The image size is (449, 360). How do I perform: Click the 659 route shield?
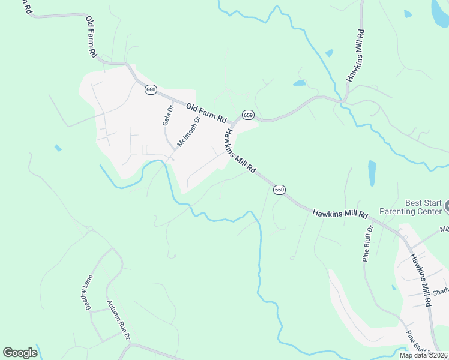tap(248, 115)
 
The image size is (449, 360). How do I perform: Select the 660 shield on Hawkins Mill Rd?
tap(279, 190)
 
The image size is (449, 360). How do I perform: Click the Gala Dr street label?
tap(168, 116)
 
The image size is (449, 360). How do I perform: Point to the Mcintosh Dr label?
tap(188, 131)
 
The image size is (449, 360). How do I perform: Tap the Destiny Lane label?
tap(88, 289)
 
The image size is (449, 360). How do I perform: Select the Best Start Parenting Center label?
tap(414, 207)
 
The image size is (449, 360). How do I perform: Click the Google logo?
tap(20, 353)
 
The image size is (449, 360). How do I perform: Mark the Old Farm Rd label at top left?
tap(91, 37)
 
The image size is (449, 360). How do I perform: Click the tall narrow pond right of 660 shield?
tap(372, 173)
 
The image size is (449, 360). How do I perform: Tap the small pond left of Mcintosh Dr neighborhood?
tap(58, 148)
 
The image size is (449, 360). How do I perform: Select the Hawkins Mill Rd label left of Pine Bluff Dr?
tap(340, 213)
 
